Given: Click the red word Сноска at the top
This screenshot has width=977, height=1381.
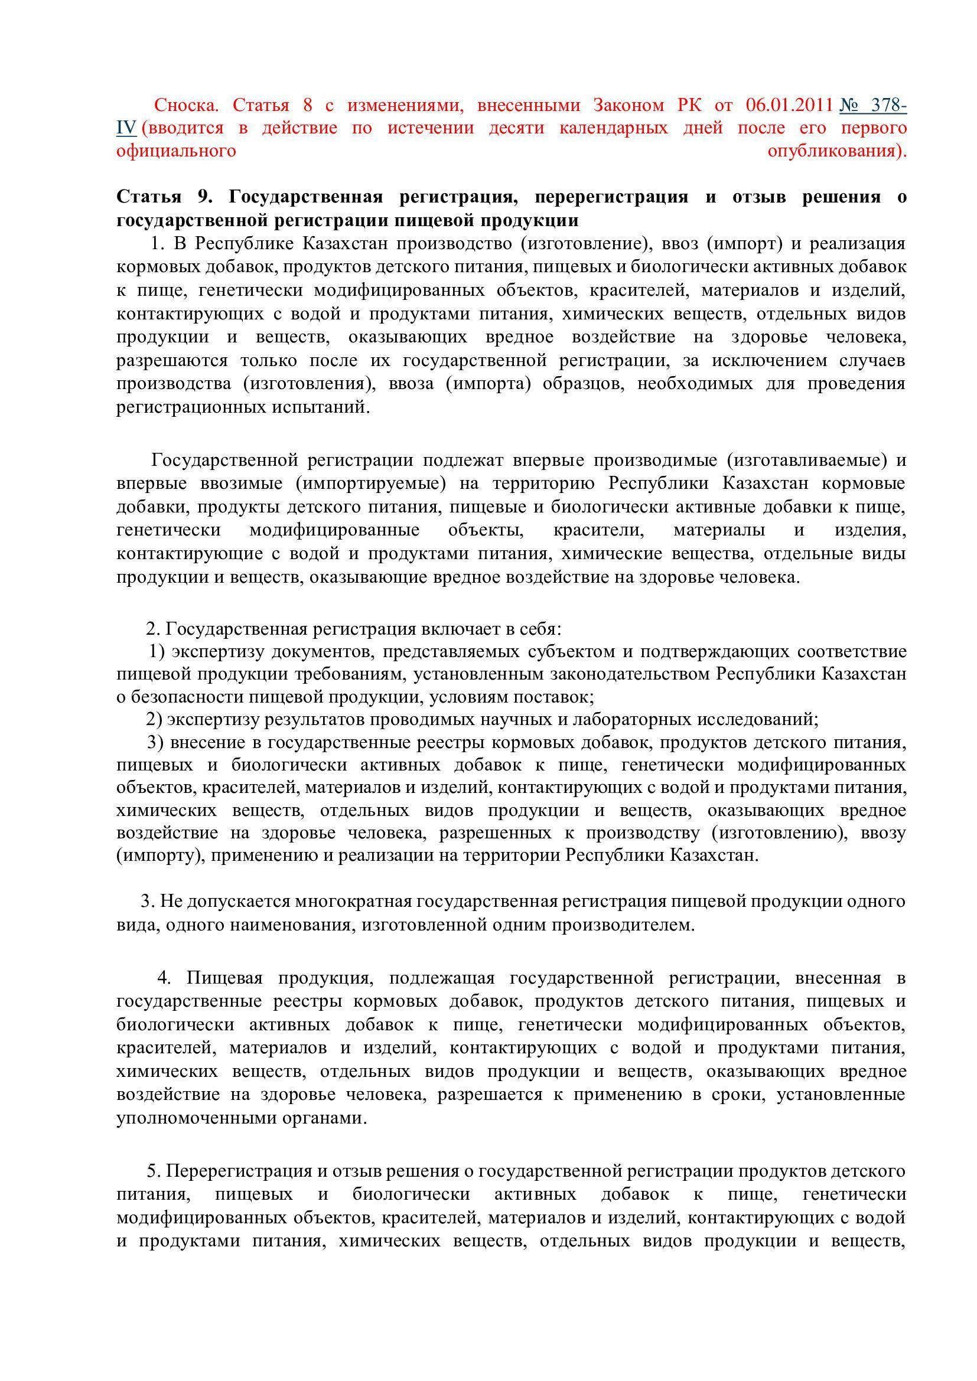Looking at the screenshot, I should (186, 106).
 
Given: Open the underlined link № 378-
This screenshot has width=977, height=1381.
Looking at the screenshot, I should (873, 106).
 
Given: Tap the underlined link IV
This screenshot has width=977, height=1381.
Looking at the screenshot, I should (126, 128).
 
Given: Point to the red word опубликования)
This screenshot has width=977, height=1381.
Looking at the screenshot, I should (837, 151).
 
